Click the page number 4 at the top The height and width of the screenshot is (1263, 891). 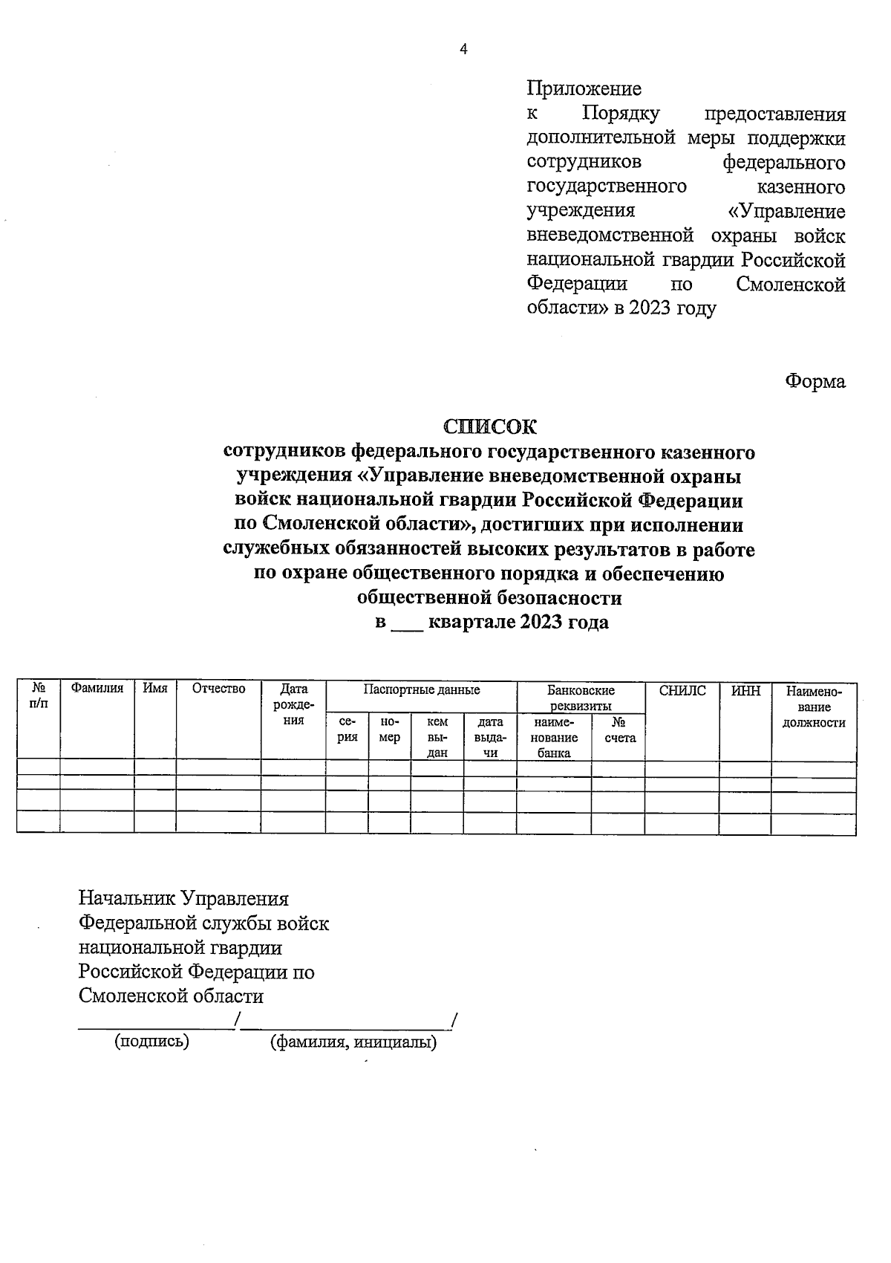(464, 50)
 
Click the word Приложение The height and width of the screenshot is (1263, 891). (584, 89)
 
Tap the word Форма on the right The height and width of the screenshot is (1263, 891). (815, 381)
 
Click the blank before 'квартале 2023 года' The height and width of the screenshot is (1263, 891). (407, 623)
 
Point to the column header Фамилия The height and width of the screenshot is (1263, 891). (97, 689)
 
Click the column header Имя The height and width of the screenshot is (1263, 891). (155, 689)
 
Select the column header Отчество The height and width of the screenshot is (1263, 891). (218, 689)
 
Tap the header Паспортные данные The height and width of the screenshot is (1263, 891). (421, 690)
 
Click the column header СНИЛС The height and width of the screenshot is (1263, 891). (682, 691)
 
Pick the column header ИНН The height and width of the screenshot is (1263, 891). (745, 691)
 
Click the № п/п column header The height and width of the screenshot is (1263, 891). (39, 697)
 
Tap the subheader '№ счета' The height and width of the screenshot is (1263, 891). (619, 730)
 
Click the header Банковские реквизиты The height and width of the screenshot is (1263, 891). (581, 698)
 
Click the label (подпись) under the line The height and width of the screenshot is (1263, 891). (151, 1042)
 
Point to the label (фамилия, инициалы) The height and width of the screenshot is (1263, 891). (353, 1042)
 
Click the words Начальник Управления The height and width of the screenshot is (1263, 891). (183, 899)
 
